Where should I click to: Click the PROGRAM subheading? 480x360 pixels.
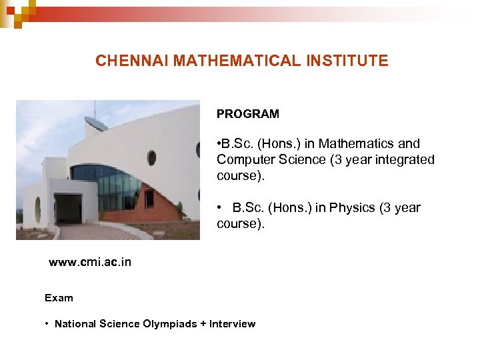click(247, 114)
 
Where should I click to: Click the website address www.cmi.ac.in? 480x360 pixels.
click(90, 262)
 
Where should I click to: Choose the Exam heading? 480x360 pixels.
click(59, 297)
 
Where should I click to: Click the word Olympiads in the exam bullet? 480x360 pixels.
click(169, 324)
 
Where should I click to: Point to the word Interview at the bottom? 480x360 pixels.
click(232, 324)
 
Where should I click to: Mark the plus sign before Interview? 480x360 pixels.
click(203, 324)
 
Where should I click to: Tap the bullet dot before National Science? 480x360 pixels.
click(47, 324)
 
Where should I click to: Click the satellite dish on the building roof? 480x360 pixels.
click(95, 123)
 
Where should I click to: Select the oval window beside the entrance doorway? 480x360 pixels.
click(37, 209)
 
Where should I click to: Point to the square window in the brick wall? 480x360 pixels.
click(149, 198)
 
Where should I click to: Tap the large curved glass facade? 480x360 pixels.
click(117, 187)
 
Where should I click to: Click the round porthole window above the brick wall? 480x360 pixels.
click(151, 158)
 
